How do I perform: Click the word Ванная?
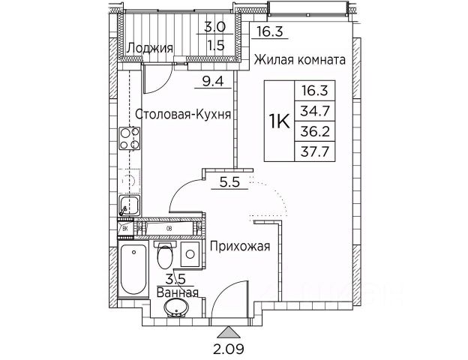click(178, 293)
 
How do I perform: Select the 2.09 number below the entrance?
click(227, 348)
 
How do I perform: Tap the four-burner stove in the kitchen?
click(130, 139)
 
